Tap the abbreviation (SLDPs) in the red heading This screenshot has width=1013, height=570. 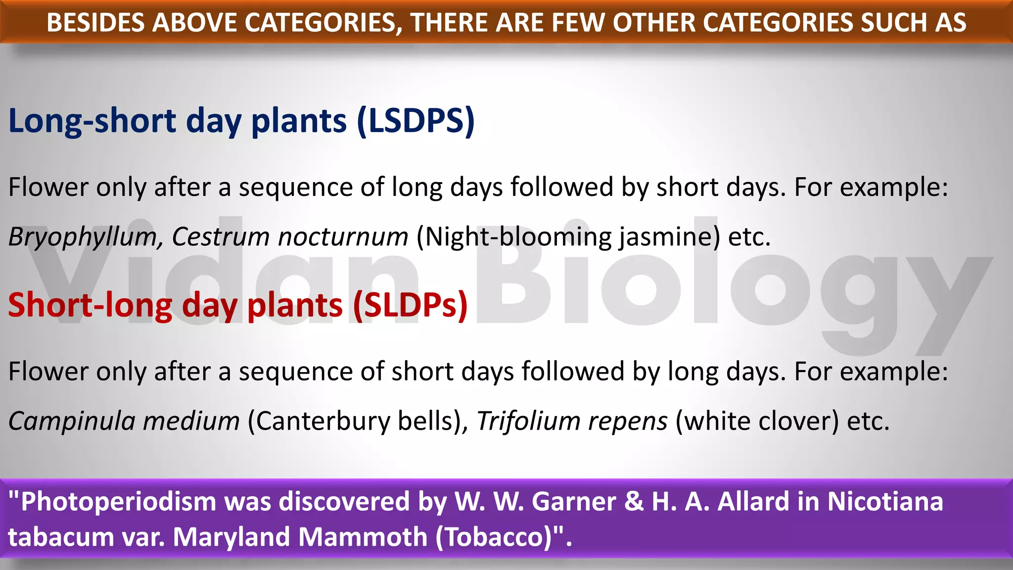point(410,305)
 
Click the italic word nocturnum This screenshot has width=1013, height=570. point(343,237)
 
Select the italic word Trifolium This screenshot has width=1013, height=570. point(528,422)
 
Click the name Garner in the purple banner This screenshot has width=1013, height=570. point(574,502)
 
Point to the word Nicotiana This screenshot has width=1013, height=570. point(885,502)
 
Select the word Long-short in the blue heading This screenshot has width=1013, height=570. point(92,121)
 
